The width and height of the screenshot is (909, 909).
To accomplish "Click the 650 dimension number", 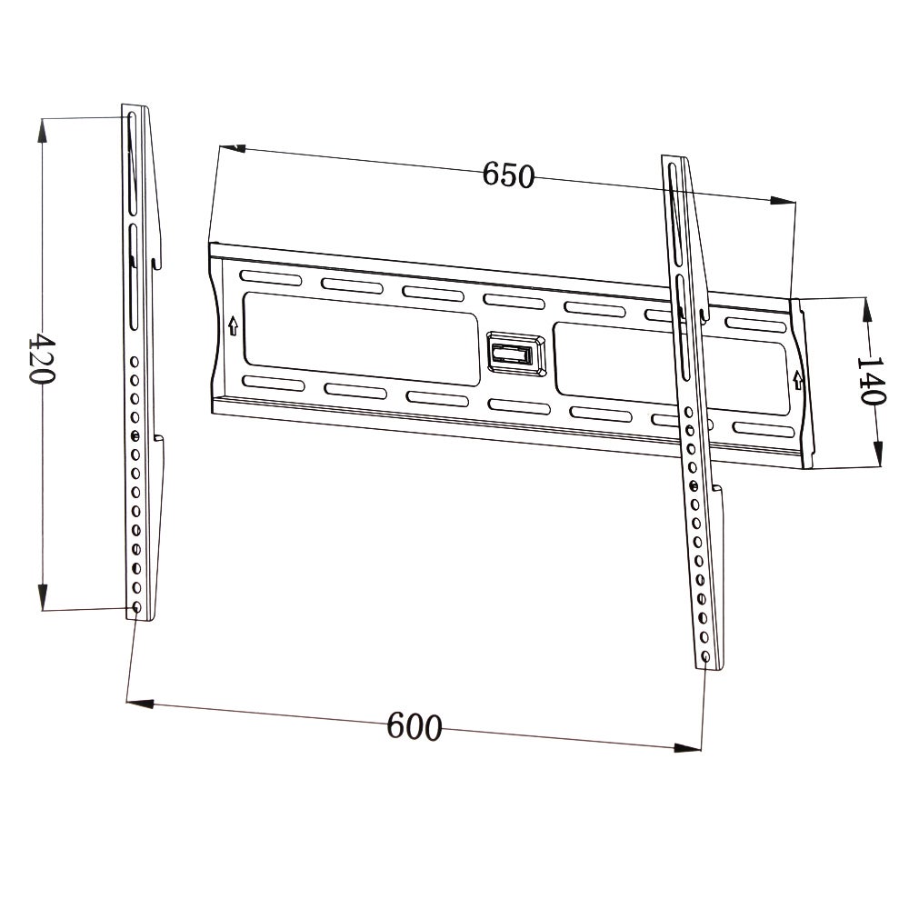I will tap(508, 175).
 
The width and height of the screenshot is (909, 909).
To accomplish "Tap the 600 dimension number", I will tap(415, 726).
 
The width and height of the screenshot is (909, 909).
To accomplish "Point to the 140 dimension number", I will tap(870, 380).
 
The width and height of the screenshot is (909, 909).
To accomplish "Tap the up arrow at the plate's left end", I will tap(234, 324).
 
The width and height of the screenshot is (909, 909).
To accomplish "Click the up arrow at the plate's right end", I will tap(798, 378).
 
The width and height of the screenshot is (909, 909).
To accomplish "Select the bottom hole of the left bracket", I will tap(136, 606).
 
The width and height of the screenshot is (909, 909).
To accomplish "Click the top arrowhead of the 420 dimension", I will tap(42, 127).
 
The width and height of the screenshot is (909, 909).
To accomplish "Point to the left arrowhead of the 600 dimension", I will tap(136, 703).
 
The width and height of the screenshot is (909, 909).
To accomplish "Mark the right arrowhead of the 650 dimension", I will tap(783, 201).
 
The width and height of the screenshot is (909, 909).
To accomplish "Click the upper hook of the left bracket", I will tap(156, 263).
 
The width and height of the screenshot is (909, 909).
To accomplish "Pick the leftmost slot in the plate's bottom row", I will tap(273, 383).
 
